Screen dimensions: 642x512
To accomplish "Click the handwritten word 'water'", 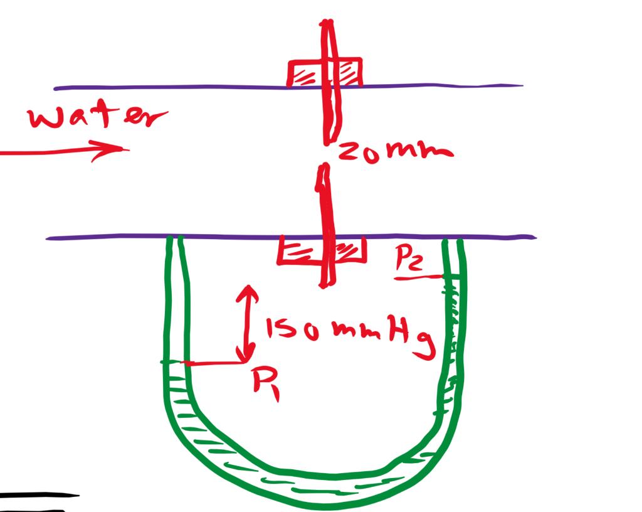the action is point(97,117).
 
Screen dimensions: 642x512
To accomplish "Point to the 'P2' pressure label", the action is point(411,259).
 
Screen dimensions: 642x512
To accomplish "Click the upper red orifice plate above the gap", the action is point(330,82).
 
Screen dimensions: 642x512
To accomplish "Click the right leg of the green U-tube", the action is point(453,314).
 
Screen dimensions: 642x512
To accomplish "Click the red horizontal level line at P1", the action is point(213,363).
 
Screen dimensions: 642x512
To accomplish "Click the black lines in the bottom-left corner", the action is point(38,499).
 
